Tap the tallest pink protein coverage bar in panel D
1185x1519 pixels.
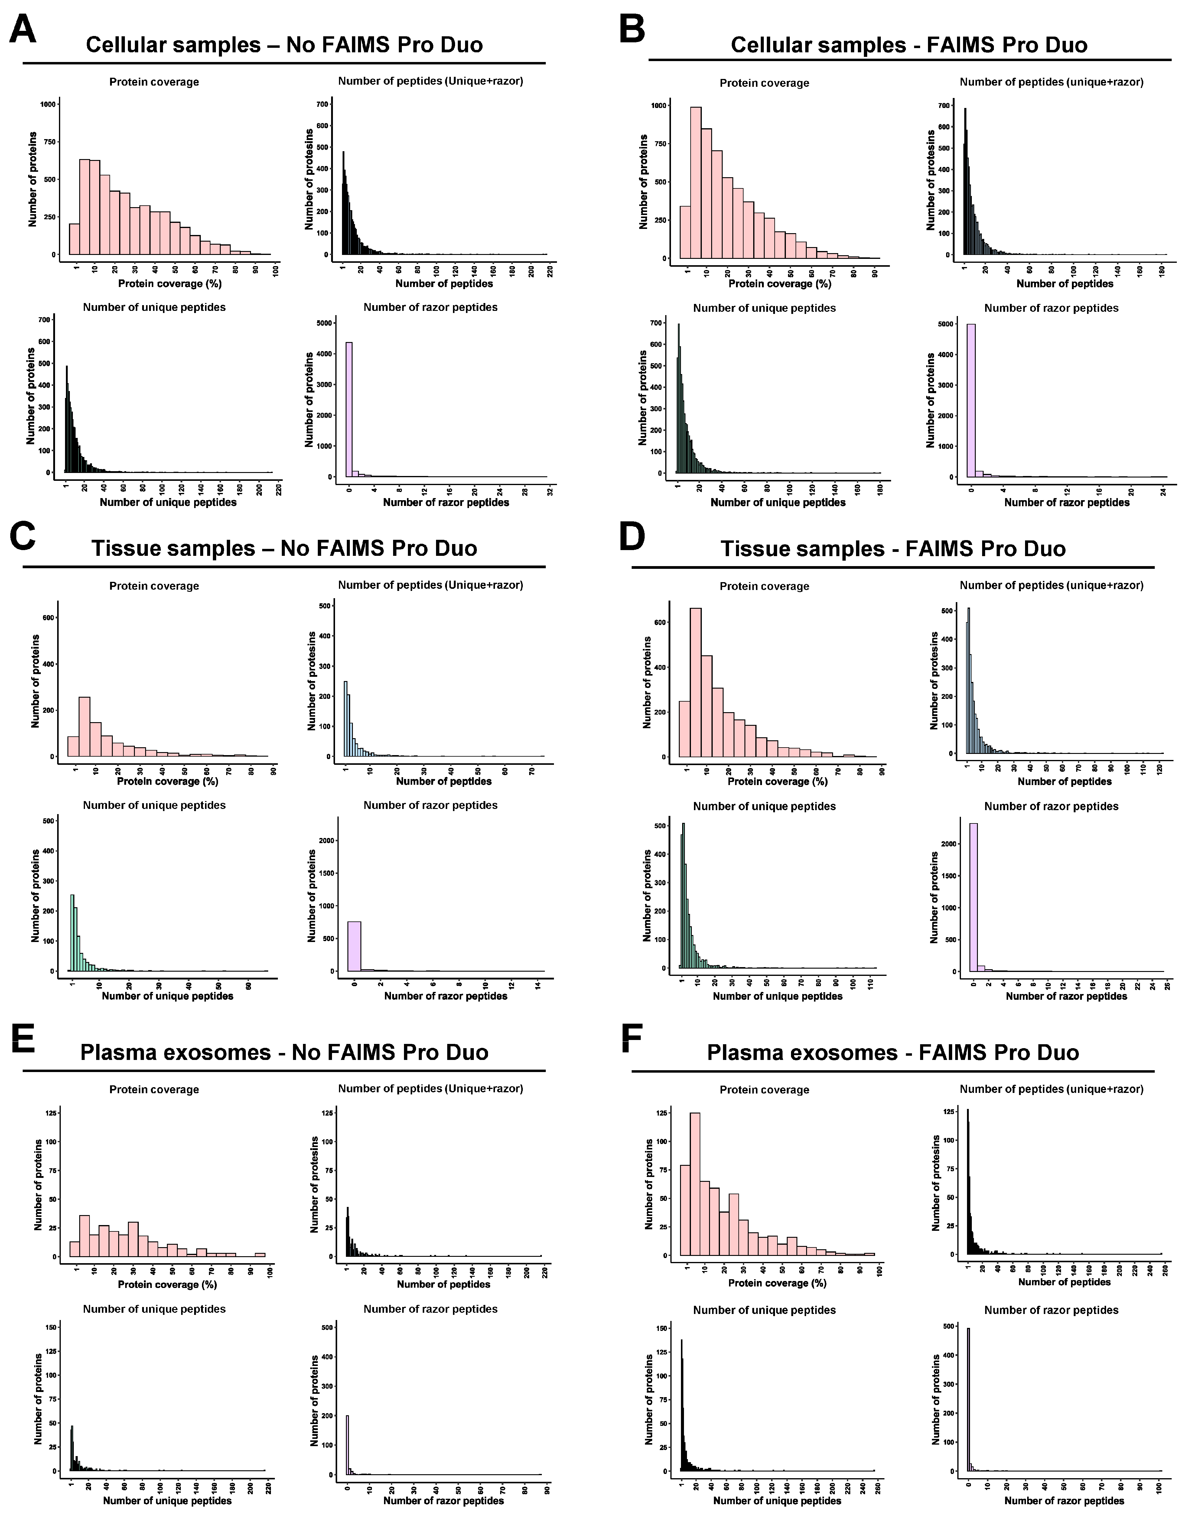695,682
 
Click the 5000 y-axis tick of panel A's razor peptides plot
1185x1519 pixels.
323,323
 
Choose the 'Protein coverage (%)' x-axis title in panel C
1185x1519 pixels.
168,781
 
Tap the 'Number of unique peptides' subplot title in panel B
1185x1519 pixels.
764,308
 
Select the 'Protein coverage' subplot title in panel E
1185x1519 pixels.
154,1090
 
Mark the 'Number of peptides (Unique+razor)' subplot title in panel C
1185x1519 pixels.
431,585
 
